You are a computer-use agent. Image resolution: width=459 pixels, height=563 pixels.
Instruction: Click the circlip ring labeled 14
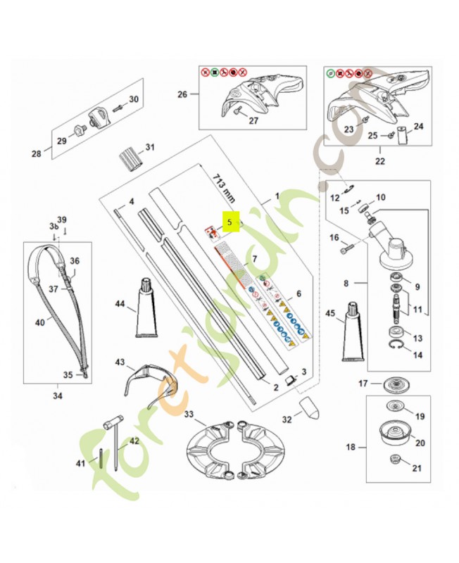pos(397,346)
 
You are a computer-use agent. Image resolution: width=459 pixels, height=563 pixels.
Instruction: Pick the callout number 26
pos(183,95)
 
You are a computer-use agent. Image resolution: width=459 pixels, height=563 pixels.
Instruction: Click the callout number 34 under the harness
pos(57,396)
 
